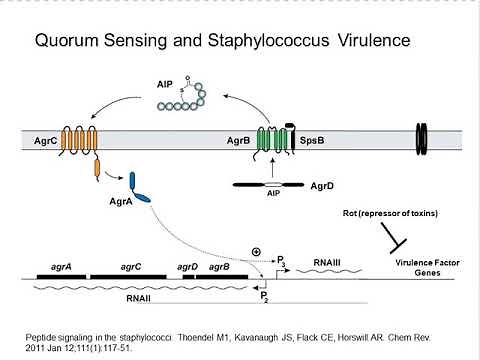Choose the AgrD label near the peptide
(327, 184)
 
